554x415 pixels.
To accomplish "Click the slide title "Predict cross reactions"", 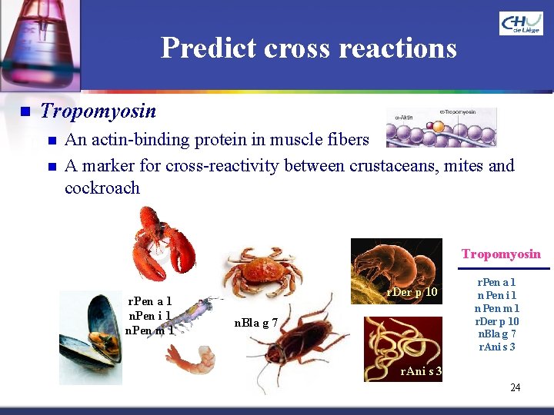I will (309, 48).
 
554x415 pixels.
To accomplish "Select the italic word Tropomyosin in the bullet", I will (98, 111).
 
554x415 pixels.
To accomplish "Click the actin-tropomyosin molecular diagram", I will (441, 128).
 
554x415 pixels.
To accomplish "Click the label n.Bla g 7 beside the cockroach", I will (255, 323).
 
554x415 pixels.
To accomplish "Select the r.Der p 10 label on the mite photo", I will (412, 292).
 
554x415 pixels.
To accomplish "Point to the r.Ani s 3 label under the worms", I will (420, 372).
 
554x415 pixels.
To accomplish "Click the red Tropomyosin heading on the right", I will (501, 254).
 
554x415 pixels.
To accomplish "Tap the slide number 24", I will (515, 387).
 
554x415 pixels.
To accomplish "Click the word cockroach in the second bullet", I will (102, 188).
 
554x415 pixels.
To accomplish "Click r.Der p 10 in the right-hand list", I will (498, 321).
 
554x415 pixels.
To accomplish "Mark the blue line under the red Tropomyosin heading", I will (504, 268).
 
